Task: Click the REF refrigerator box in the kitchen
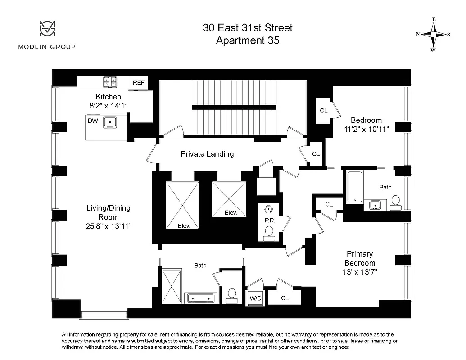tap(138, 82)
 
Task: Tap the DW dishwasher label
tap(93, 121)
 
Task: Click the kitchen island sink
tap(110, 121)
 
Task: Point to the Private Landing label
tap(207, 154)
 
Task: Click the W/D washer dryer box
tap(254, 298)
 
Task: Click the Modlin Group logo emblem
tap(46, 29)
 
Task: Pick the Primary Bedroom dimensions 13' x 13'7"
tap(360, 272)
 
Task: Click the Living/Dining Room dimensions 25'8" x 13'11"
tap(109, 226)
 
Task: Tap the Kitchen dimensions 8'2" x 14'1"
tap(109, 106)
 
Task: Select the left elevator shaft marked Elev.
tap(182, 205)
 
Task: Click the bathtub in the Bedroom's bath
tap(355, 187)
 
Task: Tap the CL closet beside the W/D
tap(285, 298)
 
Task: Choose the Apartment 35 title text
tap(247, 40)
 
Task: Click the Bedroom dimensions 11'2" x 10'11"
tap(366, 129)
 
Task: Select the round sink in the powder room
tap(269, 209)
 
